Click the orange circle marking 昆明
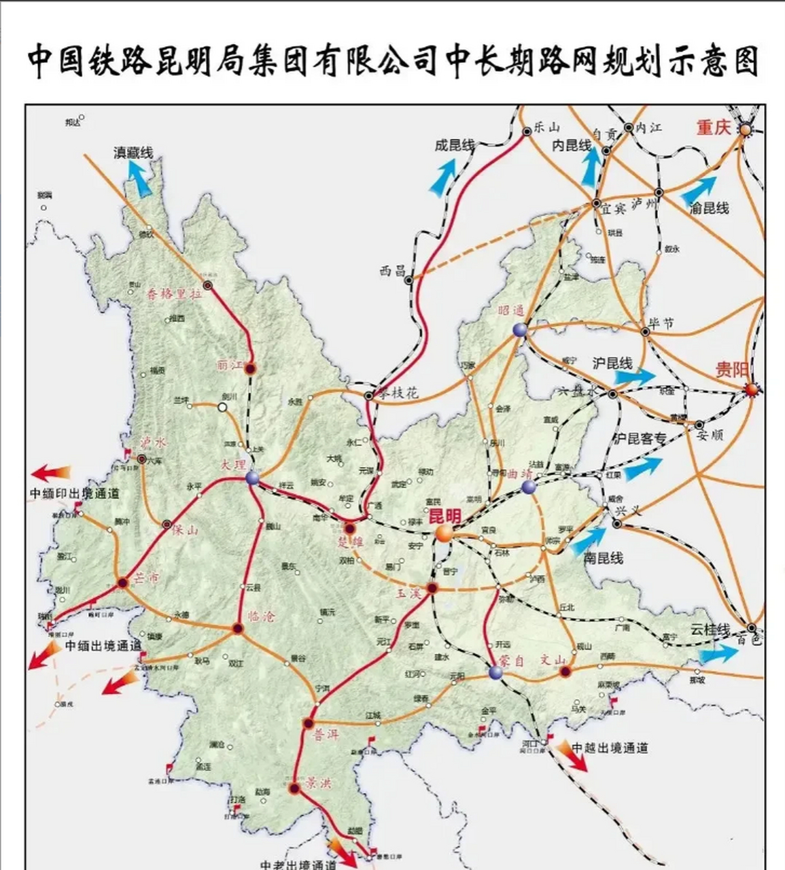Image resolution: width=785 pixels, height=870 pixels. tap(444, 534)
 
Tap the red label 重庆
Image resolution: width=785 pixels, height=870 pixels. tap(713, 127)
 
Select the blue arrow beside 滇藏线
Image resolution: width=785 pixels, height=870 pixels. tap(141, 179)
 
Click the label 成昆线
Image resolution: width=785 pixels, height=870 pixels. tap(455, 145)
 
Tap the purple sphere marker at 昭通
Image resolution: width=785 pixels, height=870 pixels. tap(520, 330)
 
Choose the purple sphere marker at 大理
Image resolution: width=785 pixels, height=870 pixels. tap(253, 478)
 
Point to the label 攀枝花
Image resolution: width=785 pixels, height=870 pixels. tap(400, 394)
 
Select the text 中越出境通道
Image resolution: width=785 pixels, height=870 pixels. tap(610, 748)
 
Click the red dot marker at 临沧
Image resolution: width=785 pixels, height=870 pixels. tap(237, 629)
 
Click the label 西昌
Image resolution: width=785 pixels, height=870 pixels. tap(392, 270)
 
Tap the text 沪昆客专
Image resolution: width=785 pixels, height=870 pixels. tap(640, 438)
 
